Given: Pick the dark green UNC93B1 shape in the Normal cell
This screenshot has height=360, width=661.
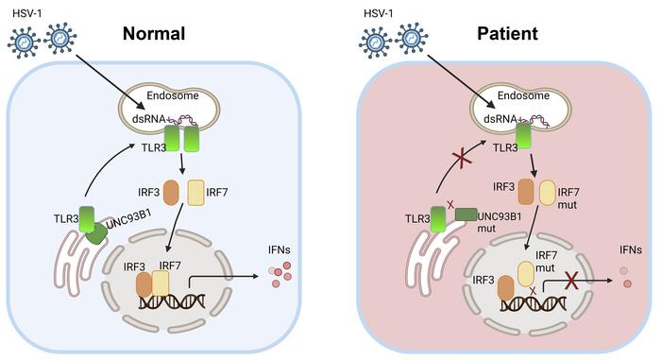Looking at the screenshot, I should tap(96, 231).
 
